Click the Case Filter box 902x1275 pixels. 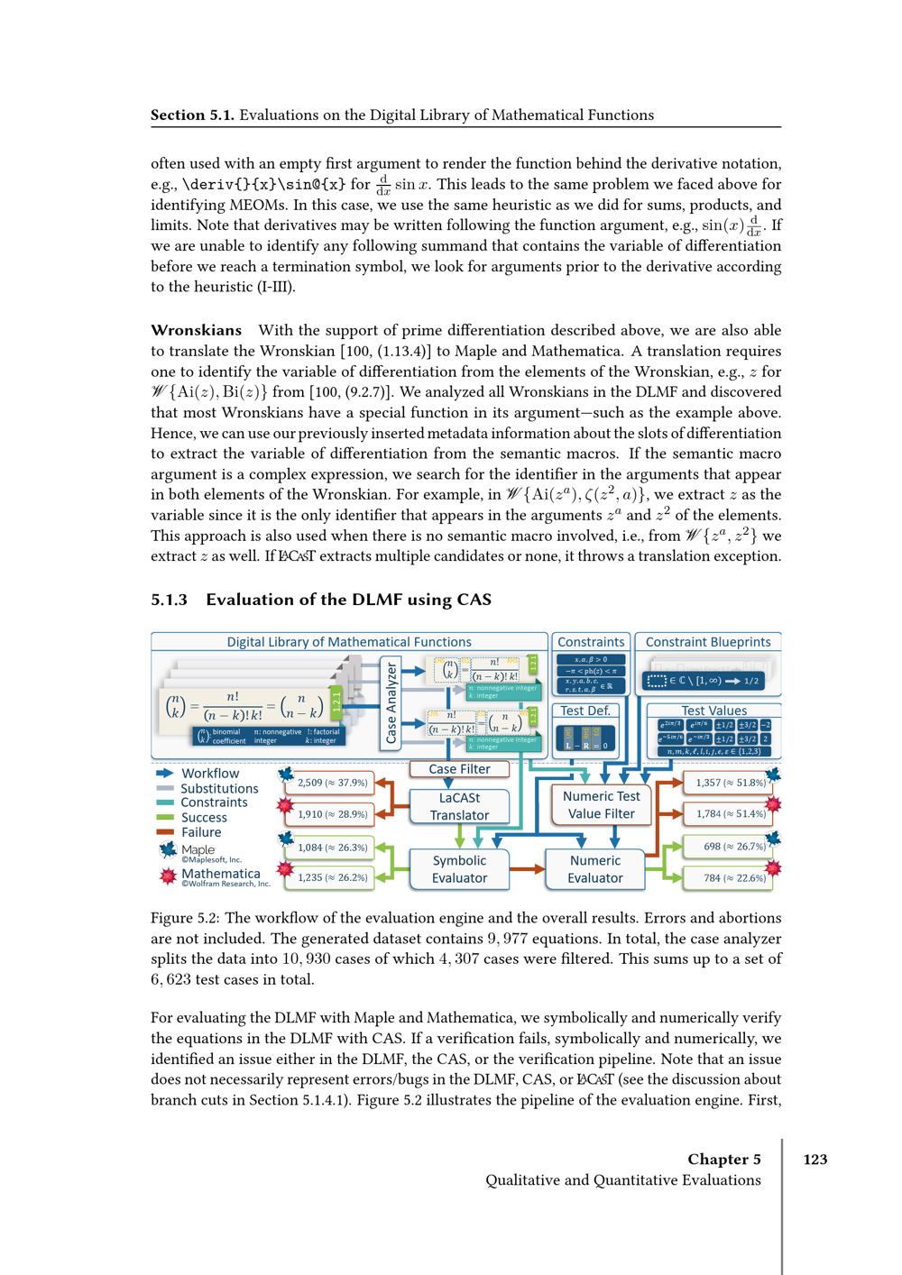pos(459,769)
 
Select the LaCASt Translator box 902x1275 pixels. pos(459,806)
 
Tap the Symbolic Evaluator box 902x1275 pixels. pos(459,868)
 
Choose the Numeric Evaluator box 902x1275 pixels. pos(595,868)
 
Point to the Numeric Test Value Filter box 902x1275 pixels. pos(601,804)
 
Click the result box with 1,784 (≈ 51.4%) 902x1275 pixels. pos(731,813)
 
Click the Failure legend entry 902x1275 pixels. pos(200,832)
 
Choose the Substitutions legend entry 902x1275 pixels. pos(219,788)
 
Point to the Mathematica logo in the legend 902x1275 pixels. pos(167,875)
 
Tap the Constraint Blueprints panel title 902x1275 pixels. pos(708,642)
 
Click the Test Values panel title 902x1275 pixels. pos(713,711)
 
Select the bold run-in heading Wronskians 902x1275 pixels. pos(196,330)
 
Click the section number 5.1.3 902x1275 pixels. pos(169,600)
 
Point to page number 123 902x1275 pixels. pos(815,1160)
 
